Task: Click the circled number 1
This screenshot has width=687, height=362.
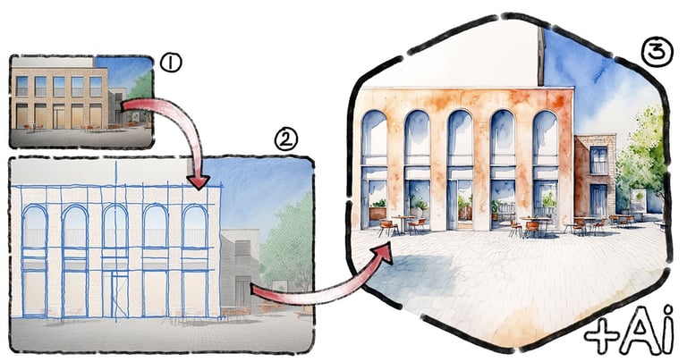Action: tap(170, 63)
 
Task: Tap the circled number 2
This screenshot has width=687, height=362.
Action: tap(285, 139)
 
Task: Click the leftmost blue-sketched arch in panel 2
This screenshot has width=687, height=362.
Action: tap(35, 228)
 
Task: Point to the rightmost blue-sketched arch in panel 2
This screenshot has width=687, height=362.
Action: tap(194, 228)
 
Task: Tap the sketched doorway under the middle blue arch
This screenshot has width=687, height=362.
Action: tap(115, 293)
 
